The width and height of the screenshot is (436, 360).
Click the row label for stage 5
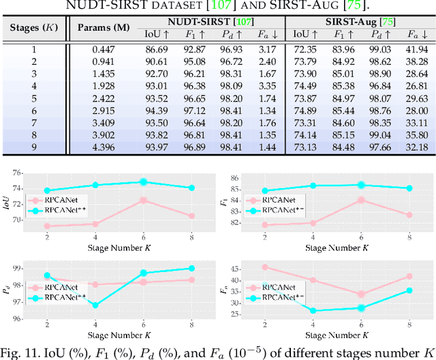[33, 99]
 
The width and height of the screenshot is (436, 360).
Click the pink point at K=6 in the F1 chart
[361, 200]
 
